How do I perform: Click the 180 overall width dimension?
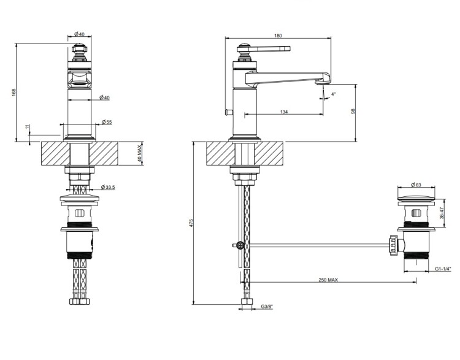point(278,36)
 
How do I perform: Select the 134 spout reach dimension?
point(284,112)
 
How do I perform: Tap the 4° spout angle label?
point(334,94)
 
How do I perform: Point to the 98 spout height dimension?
point(353,111)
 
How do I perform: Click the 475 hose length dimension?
point(191,223)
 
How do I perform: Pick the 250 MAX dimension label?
point(328,280)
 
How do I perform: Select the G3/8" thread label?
point(267,307)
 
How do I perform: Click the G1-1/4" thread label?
point(443,269)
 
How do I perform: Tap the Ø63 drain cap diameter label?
point(416,185)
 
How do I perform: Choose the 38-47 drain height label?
point(442,213)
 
